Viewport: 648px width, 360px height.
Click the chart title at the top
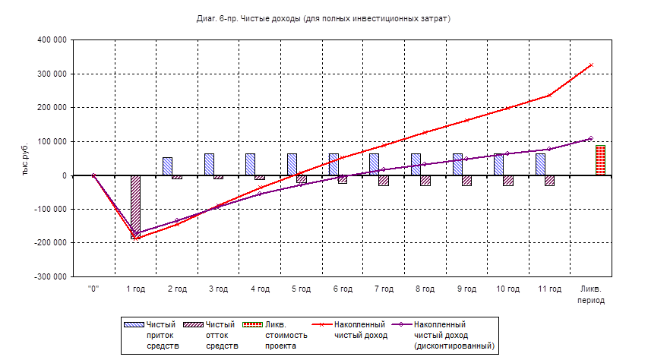[x=323, y=16]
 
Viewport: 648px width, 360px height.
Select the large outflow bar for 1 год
[x=135, y=205]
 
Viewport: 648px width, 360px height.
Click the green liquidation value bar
[x=600, y=159]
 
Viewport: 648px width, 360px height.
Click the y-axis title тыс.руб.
[x=26, y=157]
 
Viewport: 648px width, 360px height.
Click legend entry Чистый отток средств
[x=220, y=335]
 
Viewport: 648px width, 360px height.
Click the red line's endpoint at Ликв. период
[x=591, y=65]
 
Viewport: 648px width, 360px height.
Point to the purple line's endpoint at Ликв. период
[x=591, y=139]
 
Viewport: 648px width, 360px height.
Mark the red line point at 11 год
[x=549, y=95]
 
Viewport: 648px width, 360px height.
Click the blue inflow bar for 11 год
[x=540, y=164]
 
